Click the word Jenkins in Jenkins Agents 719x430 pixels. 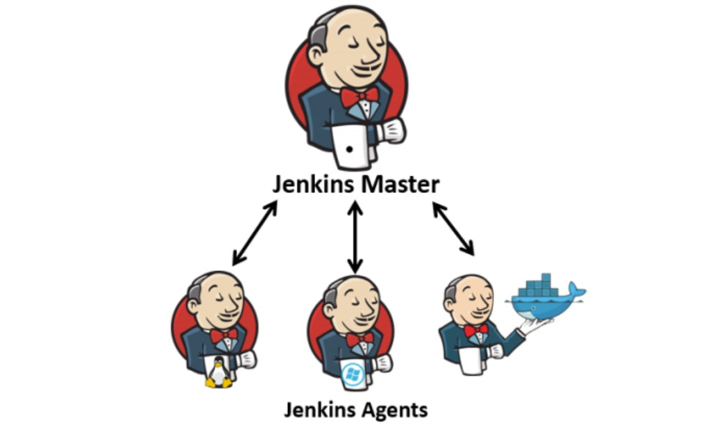click(x=318, y=409)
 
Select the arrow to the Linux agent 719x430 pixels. click(x=255, y=233)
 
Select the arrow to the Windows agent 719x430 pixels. click(x=355, y=237)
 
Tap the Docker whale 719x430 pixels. click(x=546, y=301)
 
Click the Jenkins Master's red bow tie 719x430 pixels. click(x=359, y=97)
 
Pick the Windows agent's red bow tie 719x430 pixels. click(x=359, y=339)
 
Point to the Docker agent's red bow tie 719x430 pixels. click(x=475, y=330)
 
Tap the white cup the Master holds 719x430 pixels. click(x=350, y=146)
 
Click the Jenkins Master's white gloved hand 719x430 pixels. click(x=393, y=130)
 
